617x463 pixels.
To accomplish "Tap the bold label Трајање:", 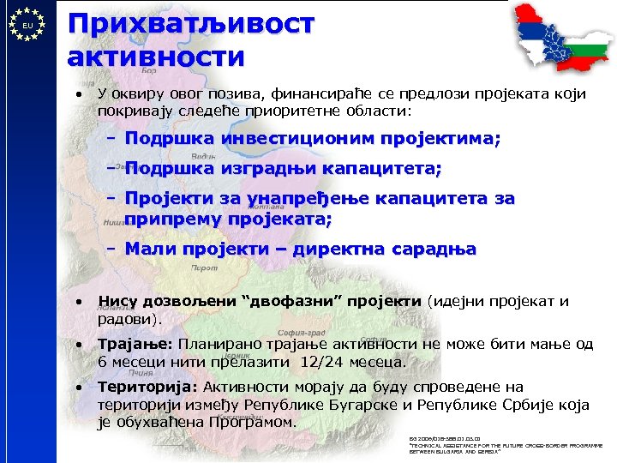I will point(136,345).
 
